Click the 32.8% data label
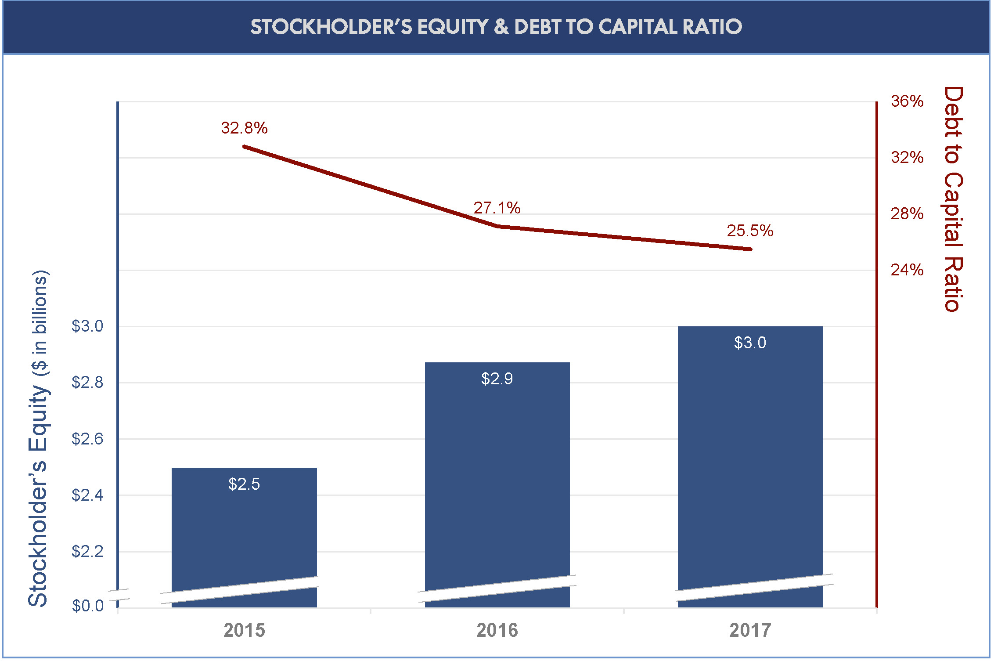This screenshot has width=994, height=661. [244, 128]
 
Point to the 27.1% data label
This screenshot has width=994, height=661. [497, 208]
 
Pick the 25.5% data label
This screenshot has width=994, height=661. [749, 231]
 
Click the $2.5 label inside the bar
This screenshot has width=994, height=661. [244, 484]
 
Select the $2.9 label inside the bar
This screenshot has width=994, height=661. [497, 379]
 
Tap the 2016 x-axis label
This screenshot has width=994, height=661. [497, 631]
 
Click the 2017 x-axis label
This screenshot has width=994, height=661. [750, 631]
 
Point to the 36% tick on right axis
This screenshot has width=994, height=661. [907, 101]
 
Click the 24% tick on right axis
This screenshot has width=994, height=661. [907, 270]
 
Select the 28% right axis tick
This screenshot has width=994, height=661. [907, 214]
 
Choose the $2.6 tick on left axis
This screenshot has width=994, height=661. [87, 439]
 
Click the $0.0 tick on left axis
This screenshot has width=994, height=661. [87, 606]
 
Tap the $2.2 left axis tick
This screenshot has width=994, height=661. [87, 552]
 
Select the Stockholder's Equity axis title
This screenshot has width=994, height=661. [39, 439]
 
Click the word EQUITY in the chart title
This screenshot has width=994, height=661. [453, 27]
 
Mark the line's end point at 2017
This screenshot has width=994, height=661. [750, 249]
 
